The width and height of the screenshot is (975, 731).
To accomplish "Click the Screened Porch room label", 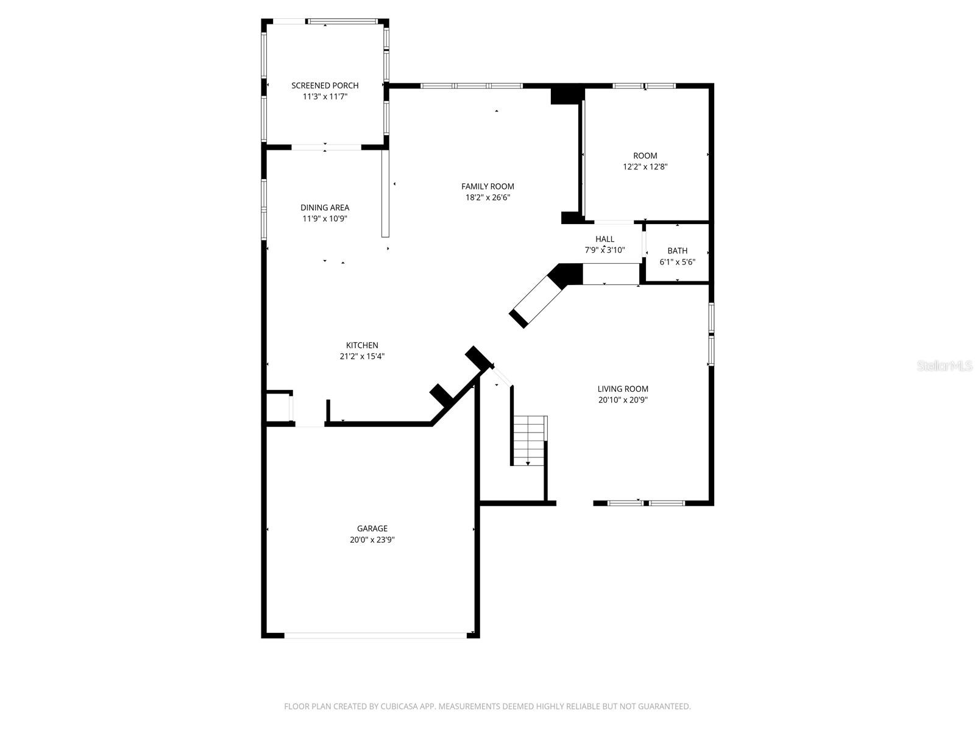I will coord(325,85).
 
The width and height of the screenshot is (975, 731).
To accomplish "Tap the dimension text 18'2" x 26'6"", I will coord(487,197).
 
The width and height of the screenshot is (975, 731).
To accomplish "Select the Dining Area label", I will coord(325,208).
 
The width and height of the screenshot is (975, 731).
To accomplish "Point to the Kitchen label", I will coord(362,345).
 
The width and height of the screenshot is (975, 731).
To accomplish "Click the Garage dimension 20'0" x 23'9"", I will coord(372,540).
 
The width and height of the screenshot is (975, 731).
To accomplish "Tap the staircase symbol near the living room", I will coord(528,440).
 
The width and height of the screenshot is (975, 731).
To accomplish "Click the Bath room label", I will coord(677,250).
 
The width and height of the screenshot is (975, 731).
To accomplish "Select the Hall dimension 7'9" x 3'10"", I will coord(604,250).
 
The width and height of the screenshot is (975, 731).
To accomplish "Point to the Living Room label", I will coord(623,389).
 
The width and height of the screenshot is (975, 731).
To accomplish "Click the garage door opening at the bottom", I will coord(375,635).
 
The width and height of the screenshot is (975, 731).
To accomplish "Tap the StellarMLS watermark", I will coord(945,365).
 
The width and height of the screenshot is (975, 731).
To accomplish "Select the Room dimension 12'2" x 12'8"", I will coord(645,166).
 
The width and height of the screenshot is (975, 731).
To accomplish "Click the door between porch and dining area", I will coord(326,147).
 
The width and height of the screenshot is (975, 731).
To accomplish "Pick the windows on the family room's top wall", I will coord(472,86).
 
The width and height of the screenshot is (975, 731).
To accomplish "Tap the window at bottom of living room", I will coord(646,503).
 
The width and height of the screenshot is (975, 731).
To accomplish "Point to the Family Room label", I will coord(487,186).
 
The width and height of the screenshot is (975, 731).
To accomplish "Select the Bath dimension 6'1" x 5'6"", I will coord(677,262).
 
